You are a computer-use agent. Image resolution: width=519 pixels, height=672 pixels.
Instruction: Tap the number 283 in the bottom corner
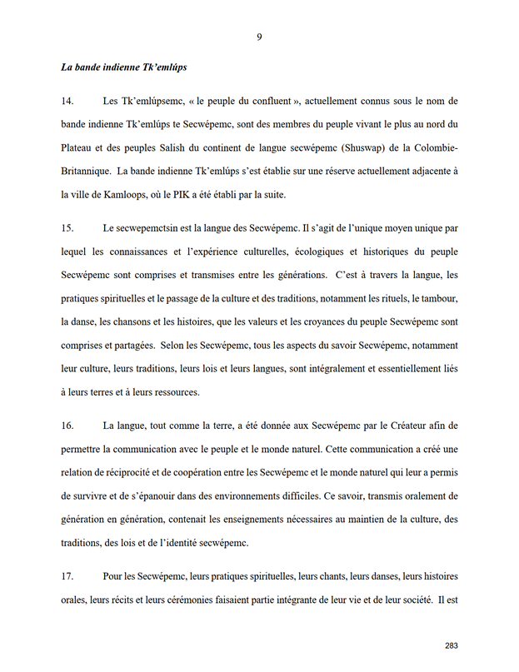[x=452, y=645]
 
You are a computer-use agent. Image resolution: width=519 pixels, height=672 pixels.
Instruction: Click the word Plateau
[x=80, y=147]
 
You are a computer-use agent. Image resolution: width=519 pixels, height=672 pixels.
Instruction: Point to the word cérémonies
[x=172, y=599]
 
